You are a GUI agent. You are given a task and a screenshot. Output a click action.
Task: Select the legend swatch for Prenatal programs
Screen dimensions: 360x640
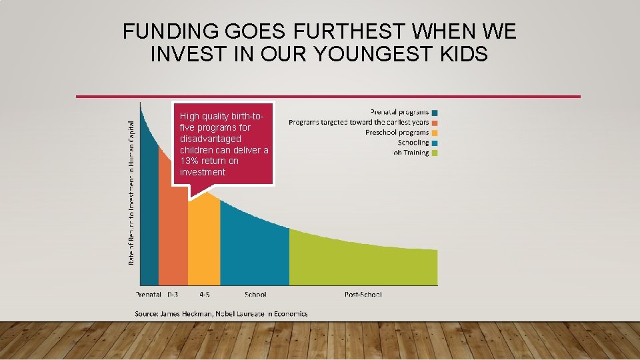click(x=435, y=113)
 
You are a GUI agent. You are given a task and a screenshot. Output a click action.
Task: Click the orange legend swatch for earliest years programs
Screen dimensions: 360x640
click(x=435, y=123)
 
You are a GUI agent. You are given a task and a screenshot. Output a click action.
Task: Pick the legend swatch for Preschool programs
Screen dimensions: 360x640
click(x=435, y=133)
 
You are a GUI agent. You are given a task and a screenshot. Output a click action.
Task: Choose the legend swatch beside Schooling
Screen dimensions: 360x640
click(x=435, y=143)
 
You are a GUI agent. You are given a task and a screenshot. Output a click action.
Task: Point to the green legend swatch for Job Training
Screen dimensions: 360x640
click(x=435, y=153)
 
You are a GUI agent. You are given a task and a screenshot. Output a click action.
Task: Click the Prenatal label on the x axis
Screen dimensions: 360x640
click(x=149, y=294)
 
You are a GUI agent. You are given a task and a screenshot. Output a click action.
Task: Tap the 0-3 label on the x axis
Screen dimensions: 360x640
click(x=173, y=294)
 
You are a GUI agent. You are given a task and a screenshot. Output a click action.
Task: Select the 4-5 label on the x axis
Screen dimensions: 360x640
click(x=205, y=294)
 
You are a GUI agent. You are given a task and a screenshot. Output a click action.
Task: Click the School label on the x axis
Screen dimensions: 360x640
click(x=255, y=294)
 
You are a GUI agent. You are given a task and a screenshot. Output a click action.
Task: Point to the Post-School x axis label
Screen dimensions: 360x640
click(x=363, y=294)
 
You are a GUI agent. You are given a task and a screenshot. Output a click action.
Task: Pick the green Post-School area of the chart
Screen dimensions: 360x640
click(x=363, y=263)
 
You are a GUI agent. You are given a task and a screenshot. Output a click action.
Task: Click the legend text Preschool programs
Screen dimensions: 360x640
click(x=397, y=133)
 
